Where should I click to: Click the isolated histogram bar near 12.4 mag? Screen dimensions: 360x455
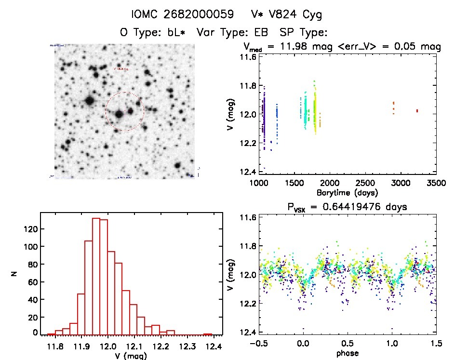tap(208, 334)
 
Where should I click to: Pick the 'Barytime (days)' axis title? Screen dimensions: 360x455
tap(344, 193)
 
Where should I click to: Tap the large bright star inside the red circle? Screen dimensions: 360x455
tap(119, 115)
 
